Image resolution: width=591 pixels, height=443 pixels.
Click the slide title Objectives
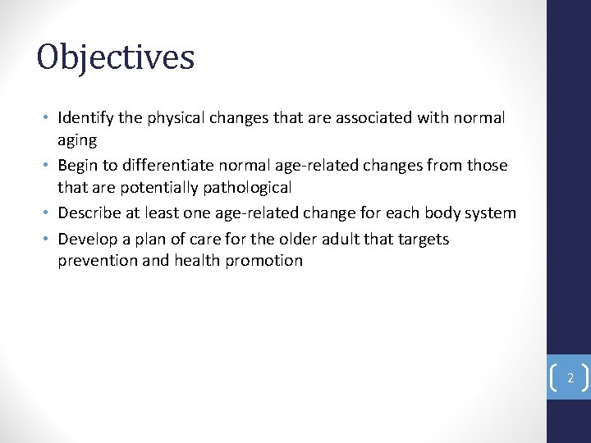116,57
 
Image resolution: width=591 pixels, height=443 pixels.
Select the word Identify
86,118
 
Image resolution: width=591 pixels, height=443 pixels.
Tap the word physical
176,118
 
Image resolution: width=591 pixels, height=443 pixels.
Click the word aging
77,141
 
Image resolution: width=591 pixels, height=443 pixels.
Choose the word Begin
78,166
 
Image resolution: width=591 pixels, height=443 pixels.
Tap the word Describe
93,213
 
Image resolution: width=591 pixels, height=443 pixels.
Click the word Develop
89,240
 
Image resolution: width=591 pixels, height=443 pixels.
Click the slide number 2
570,379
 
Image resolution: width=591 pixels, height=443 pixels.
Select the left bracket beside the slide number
555,378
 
